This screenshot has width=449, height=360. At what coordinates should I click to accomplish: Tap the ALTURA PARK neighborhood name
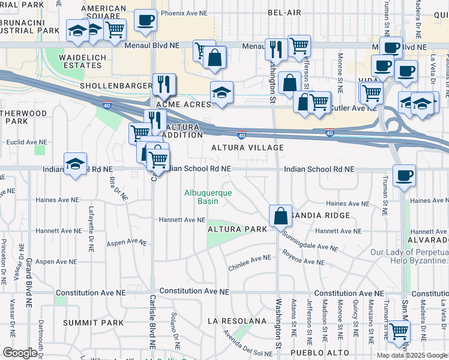(232, 229)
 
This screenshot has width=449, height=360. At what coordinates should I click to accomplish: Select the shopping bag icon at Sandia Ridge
(280, 215)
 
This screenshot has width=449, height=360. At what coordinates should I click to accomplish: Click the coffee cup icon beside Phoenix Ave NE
(145, 20)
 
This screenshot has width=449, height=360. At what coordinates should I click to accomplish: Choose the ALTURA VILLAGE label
(247, 148)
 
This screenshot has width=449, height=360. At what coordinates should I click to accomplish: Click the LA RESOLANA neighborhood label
(237, 321)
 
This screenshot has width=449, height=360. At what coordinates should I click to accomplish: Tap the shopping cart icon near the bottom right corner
(398, 331)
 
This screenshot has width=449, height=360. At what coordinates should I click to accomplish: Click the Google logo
(20, 353)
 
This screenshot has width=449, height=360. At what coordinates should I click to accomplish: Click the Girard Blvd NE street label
(28, 282)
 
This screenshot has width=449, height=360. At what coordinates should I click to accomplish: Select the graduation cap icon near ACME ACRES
(221, 92)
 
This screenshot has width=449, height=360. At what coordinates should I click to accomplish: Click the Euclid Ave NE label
(23, 143)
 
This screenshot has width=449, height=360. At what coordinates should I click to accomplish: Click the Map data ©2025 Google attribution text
(412, 355)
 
